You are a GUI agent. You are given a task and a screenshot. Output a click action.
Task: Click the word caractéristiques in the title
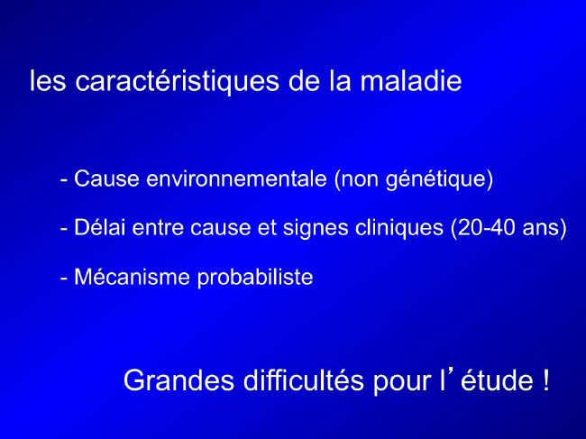click(177, 81)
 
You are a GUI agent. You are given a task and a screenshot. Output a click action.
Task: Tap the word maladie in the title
click(411, 80)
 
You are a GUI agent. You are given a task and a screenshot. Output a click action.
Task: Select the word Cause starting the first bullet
click(106, 178)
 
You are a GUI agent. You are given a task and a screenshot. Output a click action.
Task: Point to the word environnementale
click(236, 178)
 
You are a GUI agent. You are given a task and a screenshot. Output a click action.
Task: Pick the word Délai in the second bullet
click(99, 227)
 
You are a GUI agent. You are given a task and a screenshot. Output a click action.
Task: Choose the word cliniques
click(399, 228)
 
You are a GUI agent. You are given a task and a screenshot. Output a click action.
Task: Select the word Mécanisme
click(132, 277)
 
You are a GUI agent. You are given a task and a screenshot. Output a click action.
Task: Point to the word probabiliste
click(255, 278)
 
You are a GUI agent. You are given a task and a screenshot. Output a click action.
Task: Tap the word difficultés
click(304, 380)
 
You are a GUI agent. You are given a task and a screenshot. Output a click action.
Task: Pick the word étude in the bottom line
click(497, 380)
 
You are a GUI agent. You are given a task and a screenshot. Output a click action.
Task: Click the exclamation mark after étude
click(545, 380)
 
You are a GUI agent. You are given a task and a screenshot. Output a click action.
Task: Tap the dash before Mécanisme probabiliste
click(64, 279)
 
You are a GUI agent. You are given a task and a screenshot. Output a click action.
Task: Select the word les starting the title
click(48, 80)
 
